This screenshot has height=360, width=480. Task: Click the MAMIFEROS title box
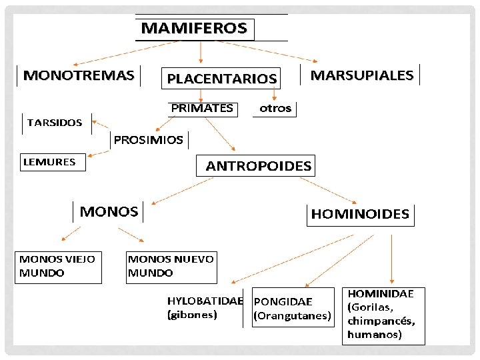click(x=195, y=29)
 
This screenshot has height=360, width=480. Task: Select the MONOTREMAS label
click(x=79, y=75)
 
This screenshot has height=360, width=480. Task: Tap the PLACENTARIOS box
click(x=221, y=78)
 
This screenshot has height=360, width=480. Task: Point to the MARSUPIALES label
click(x=362, y=75)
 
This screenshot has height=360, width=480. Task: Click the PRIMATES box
click(x=202, y=107)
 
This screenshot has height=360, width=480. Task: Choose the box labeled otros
click(x=275, y=108)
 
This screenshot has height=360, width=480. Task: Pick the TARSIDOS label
click(x=55, y=123)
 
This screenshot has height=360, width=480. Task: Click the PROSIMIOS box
click(x=149, y=140)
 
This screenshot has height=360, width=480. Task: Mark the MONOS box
click(x=109, y=212)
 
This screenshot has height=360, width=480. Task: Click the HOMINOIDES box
click(x=360, y=214)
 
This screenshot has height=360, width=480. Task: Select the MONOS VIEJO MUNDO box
click(x=58, y=266)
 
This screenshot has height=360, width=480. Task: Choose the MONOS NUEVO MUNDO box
click(x=171, y=266)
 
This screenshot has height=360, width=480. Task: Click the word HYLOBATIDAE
click(x=205, y=301)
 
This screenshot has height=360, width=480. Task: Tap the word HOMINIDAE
click(x=381, y=293)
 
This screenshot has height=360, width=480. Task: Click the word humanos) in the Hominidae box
click(x=375, y=335)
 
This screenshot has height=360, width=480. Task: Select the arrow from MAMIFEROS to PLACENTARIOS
click(x=201, y=52)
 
